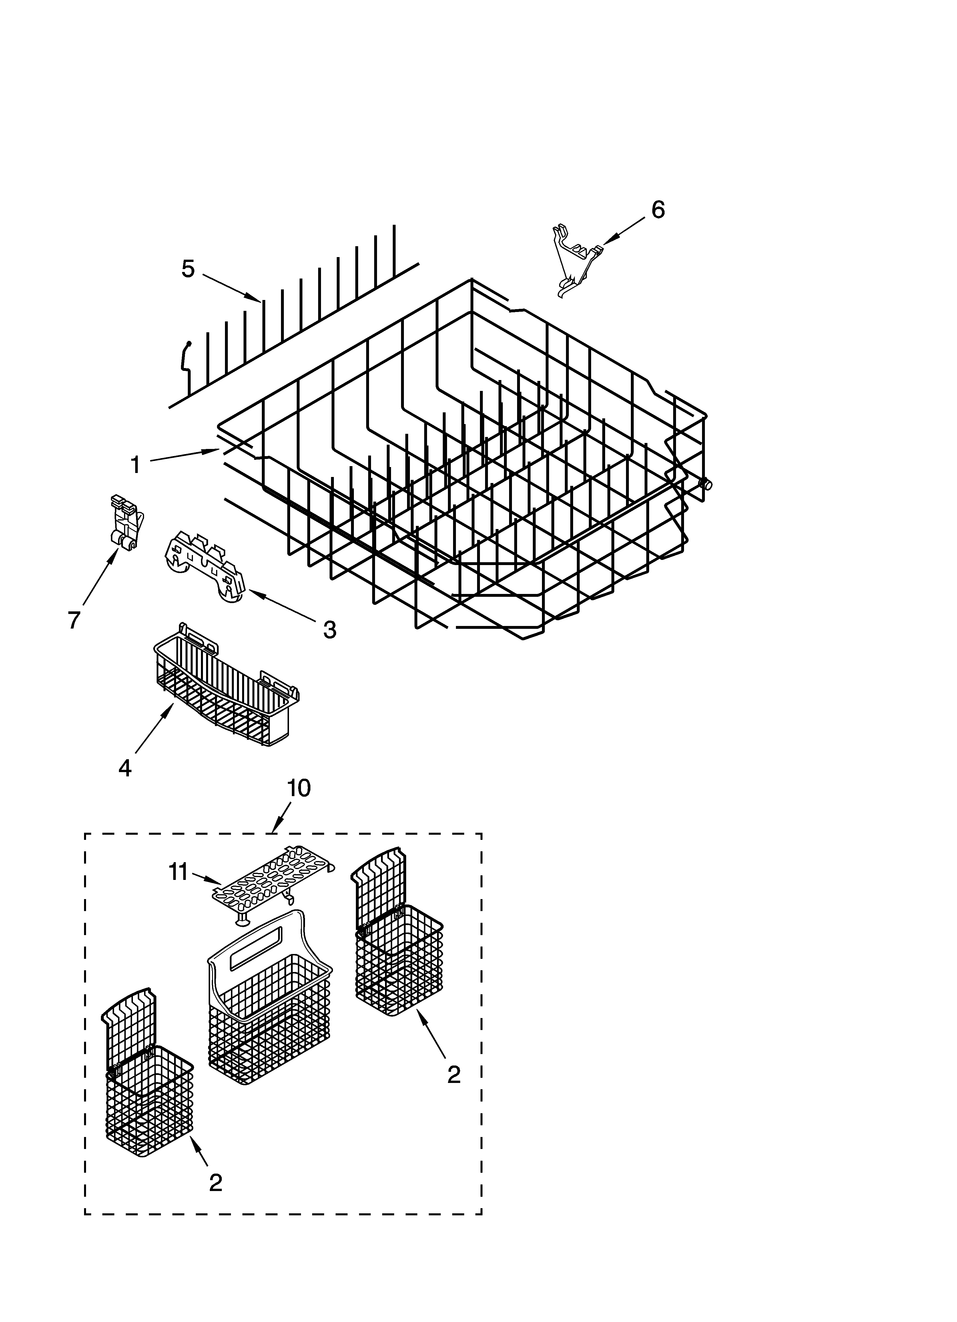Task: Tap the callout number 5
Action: [188, 269]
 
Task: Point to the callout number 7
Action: [73, 620]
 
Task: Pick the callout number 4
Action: [125, 768]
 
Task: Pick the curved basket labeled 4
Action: [227, 694]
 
